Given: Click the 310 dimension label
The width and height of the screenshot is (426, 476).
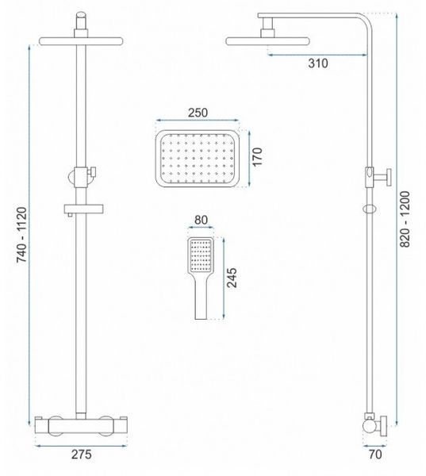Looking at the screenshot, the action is tap(318, 63).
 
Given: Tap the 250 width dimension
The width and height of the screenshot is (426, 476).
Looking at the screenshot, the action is tap(198, 113).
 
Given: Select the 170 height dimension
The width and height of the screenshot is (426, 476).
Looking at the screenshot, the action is tap(257, 156).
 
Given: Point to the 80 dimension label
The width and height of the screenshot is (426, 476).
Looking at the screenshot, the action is tap(201, 220).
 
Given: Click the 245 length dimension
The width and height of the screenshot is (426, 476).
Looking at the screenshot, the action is tap(232, 278).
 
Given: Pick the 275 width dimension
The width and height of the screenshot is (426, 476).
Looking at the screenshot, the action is tap(82, 454).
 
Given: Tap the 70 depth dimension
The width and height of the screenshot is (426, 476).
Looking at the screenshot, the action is tap(375, 454).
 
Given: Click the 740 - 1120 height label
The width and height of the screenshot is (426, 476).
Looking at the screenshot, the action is tap(21, 235).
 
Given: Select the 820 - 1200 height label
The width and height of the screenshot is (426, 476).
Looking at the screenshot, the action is tap(405, 219).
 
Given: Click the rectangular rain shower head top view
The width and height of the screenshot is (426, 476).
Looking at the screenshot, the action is tap(198, 158).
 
